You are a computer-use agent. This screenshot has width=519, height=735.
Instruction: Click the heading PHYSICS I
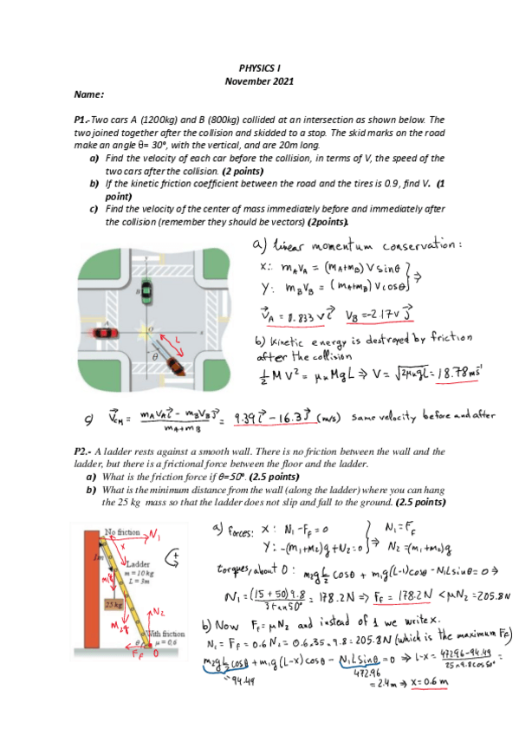pos(260,68)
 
